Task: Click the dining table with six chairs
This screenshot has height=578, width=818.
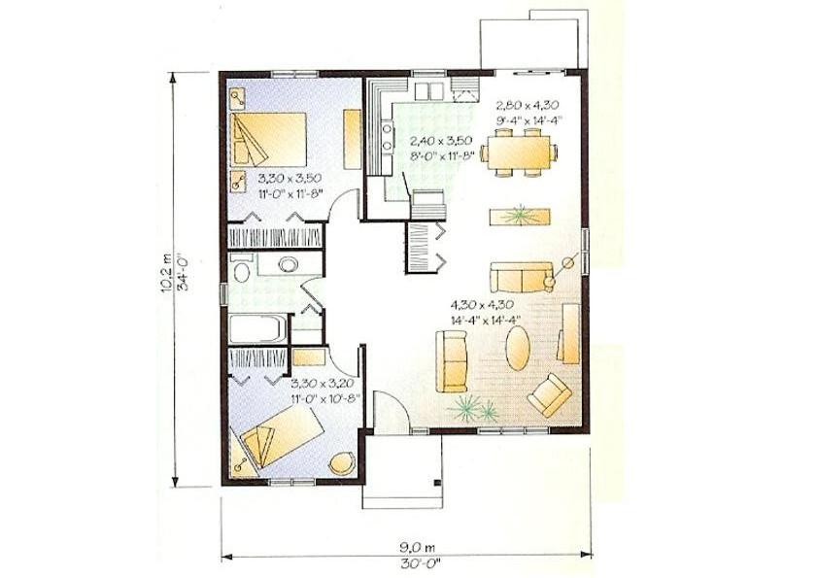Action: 519,153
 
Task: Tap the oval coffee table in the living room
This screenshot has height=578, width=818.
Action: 518,348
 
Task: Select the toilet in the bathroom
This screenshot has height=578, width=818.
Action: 241,271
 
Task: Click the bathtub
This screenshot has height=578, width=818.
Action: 258,328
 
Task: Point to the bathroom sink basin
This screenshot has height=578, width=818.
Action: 288,264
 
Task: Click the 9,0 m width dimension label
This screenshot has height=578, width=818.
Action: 418,547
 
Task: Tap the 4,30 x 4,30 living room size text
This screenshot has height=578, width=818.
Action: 483,305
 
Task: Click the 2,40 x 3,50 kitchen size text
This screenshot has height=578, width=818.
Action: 441,141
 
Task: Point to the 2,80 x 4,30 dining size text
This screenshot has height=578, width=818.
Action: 528,106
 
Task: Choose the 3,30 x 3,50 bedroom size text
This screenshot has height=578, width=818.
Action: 290,179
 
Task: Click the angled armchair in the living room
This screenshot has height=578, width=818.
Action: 550,395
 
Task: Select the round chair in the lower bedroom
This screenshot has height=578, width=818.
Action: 342,463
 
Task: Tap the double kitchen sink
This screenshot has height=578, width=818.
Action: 428,90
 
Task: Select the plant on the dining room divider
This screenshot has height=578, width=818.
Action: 520,216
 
